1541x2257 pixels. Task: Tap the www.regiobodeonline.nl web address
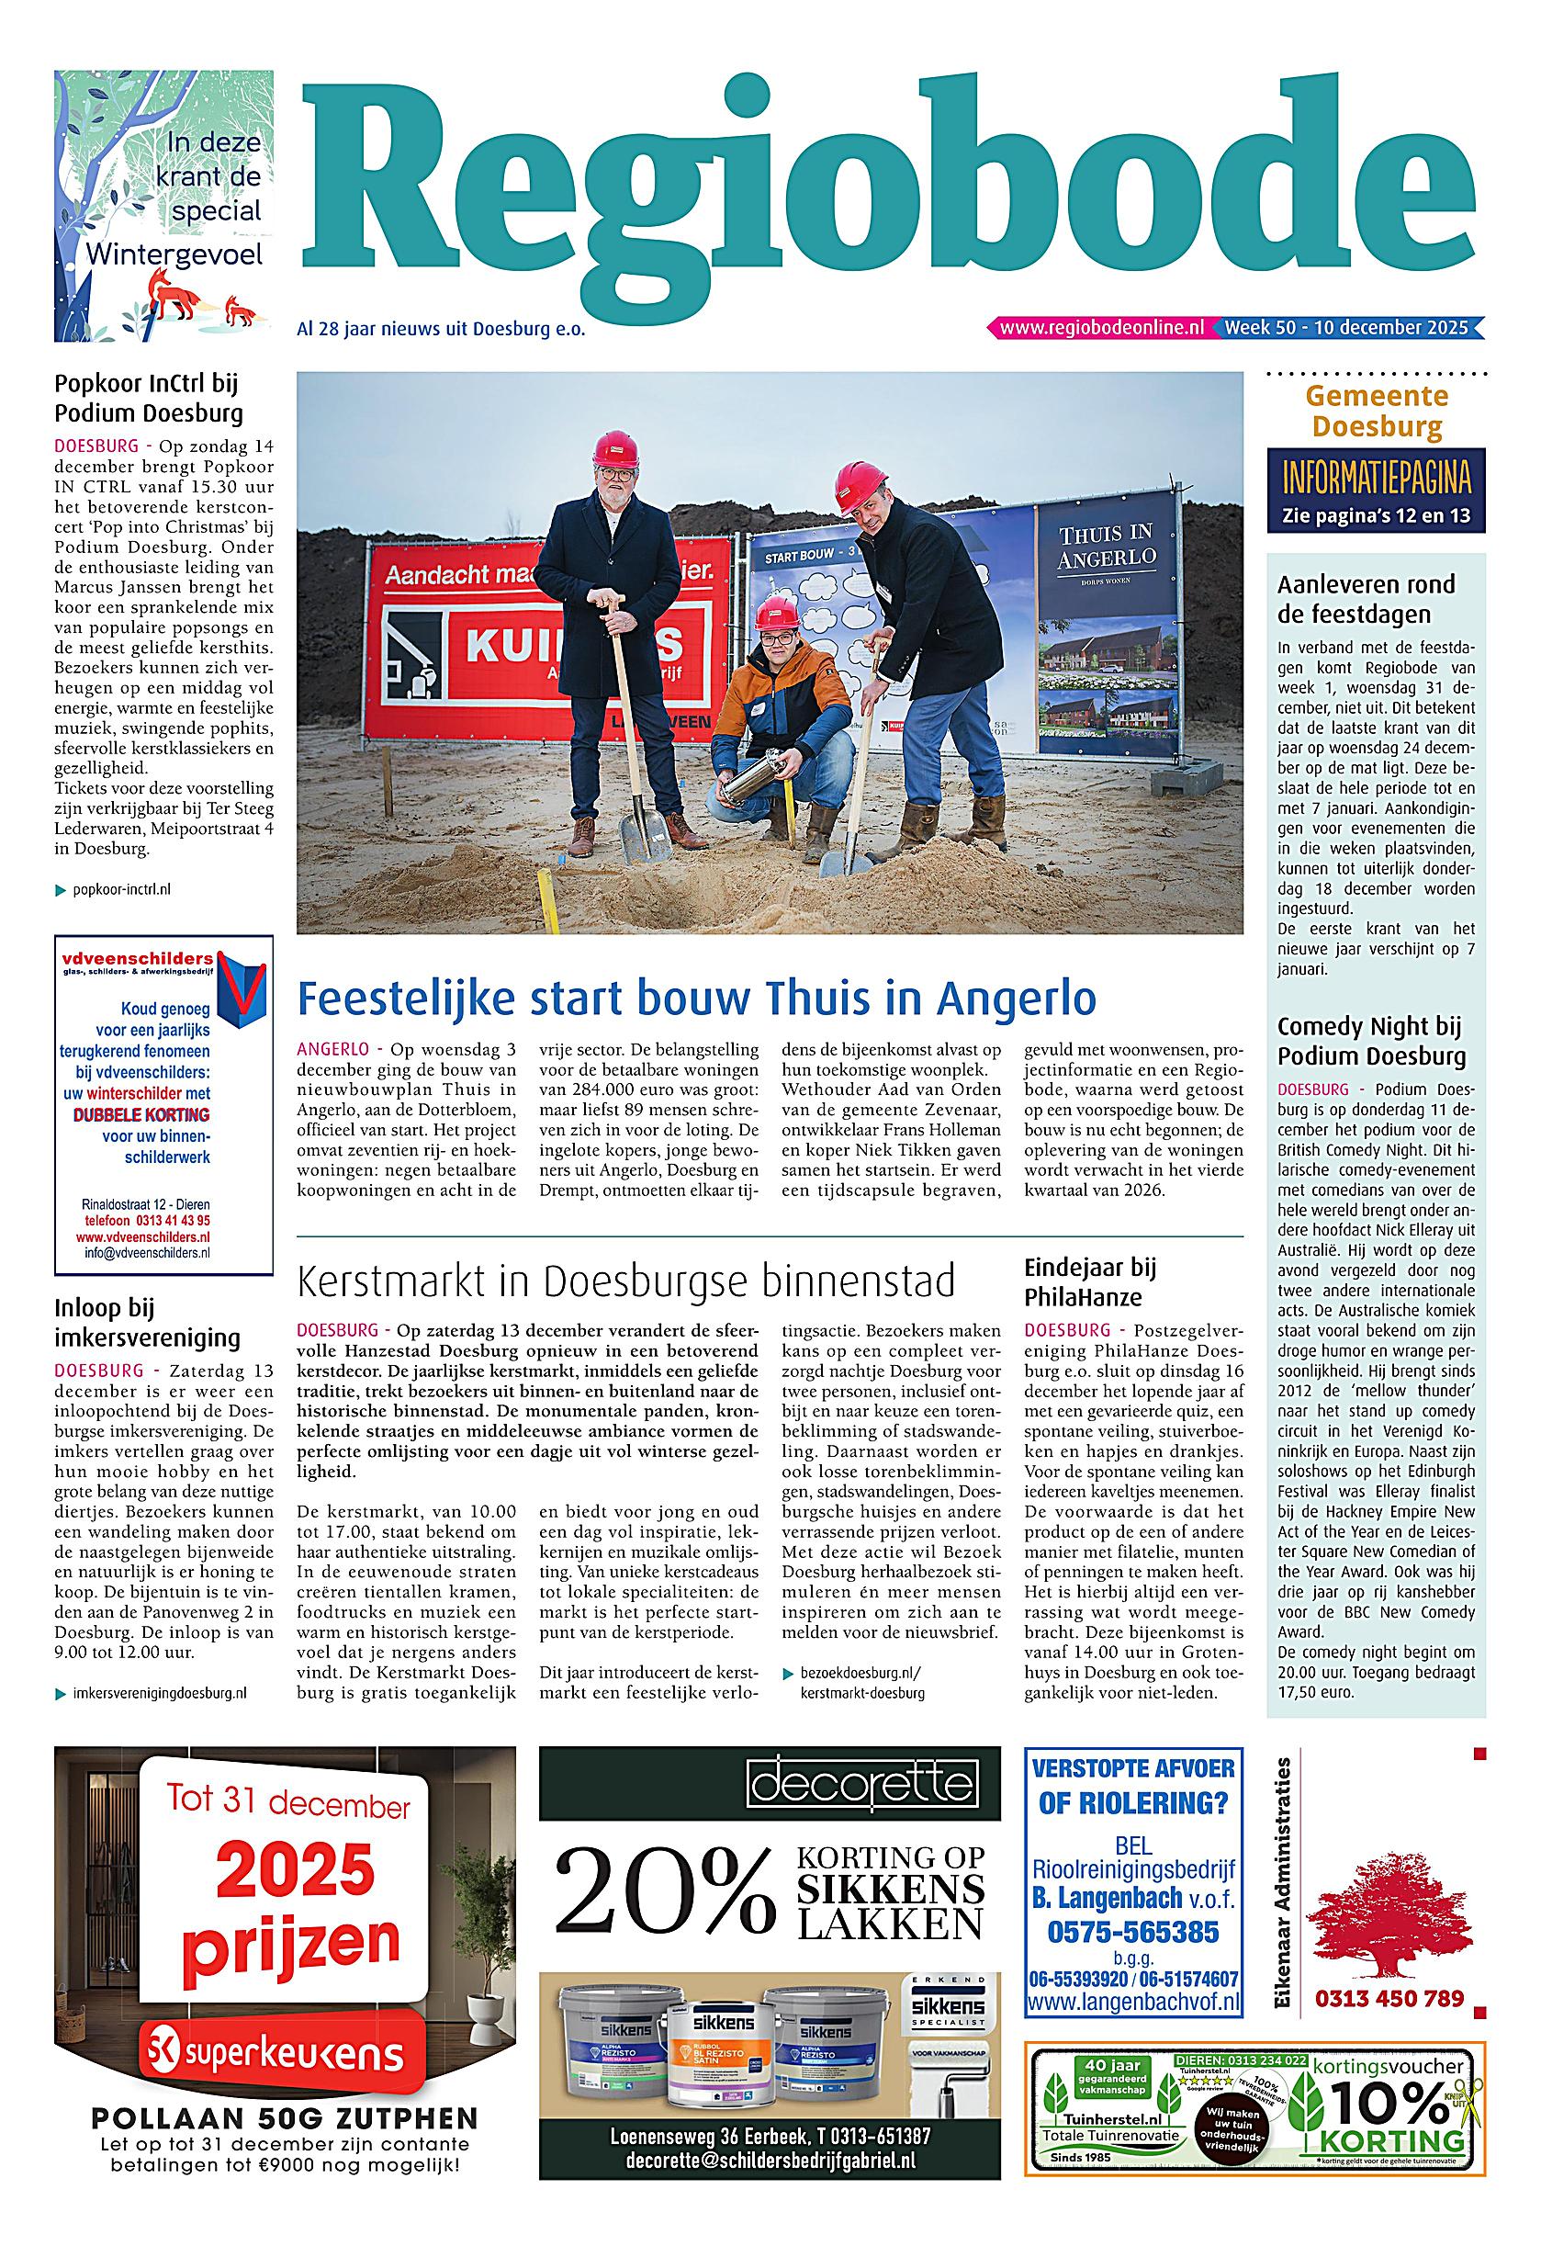click(x=1101, y=328)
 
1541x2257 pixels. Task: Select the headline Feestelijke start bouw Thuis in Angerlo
click(x=696, y=998)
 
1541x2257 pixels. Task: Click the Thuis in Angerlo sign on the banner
click(x=1107, y=547)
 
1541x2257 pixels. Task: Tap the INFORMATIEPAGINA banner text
click(x=1376, y=479)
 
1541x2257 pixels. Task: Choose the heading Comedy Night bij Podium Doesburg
click(x=1370, y=1041)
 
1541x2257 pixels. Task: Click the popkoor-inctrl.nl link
click(x=121, y=888)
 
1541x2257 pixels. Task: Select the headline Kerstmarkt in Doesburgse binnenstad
click(x=625, y=1281)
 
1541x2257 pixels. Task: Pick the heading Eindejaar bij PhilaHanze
click(x=1090, y=1282)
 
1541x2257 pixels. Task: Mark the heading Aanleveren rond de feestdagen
click(x=1367, y=599)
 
